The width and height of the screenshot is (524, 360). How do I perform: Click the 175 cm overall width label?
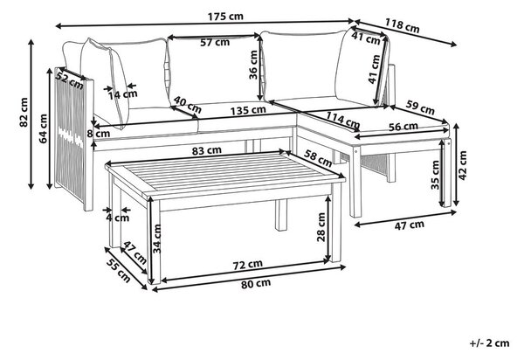(x=225, y=16)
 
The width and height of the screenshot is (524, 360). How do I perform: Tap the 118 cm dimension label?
(x=402, y=25)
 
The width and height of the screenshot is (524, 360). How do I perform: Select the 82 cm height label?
(x=24, y=113)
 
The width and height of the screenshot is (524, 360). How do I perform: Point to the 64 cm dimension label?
(x=44, y=128)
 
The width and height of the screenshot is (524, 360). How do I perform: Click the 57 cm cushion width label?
(x=215, y=43)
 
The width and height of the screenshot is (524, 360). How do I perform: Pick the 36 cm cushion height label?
(x=253, y=65)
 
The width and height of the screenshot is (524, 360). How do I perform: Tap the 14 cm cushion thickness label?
(x=122, y=94)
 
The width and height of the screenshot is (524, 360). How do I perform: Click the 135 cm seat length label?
(x=248, y=110)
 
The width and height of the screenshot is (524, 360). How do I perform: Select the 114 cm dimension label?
(x=343, y=120)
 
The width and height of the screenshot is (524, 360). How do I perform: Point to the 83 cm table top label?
(x=206, y=151)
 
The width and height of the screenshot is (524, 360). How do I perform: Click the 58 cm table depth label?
(x=318, y=158)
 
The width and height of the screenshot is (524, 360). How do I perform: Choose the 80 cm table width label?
(x=256, y=283)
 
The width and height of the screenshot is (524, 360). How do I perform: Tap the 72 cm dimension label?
(x=247, y=265)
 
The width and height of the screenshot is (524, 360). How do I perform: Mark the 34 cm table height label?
(x=156, y=239)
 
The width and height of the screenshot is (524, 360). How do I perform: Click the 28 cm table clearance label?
(x=321, y=227)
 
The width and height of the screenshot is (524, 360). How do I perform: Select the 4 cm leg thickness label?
(x=117, y=218)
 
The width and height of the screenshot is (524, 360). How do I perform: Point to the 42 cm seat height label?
(x=463, y=165)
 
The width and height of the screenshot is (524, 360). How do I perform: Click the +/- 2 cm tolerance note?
(x=490, y=343)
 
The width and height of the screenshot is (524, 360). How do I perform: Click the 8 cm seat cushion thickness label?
(x=98, y=134)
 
